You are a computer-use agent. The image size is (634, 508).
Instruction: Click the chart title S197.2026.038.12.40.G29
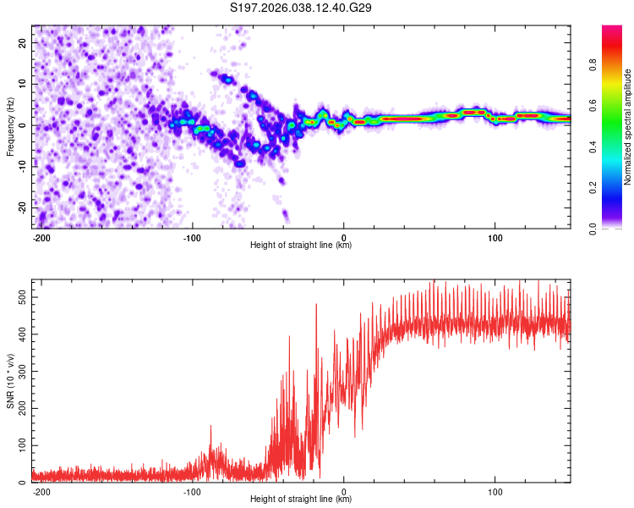302,8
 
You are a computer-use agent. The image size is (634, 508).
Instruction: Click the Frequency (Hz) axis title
10,126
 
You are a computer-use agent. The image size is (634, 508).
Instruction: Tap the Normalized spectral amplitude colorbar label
627,127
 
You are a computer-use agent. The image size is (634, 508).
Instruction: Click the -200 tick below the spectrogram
41,236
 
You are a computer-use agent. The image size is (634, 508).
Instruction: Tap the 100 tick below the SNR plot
494,490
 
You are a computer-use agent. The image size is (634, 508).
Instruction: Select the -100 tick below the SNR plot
191,490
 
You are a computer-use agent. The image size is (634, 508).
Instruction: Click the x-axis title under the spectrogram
301,246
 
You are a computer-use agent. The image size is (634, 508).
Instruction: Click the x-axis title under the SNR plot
301,500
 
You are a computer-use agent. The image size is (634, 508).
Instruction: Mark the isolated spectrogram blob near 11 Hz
227,80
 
